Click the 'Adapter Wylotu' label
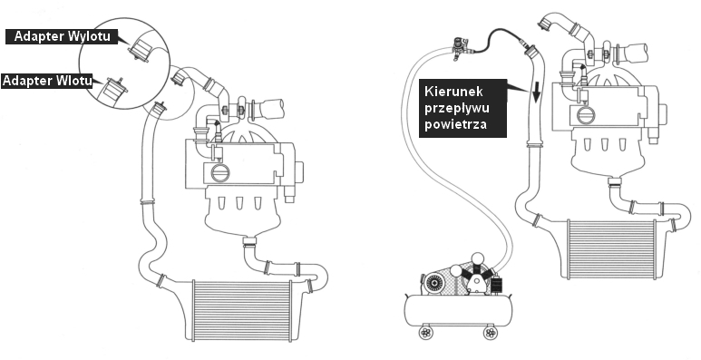[62, 36]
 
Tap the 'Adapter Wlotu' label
[47, 81]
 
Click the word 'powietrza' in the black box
[455, 124]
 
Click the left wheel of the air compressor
[426, 332]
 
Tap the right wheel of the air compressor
[491, 332]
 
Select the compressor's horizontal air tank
[458, 310]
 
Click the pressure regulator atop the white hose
[459, 48]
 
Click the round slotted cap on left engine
[220, 172]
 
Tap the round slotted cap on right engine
[586, 115]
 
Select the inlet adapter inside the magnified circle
[111, 89]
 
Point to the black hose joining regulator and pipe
[495, 39]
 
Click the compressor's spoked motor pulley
[433, 283]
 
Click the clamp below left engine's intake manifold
[250, 242]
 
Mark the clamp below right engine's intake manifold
[615, 181]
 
